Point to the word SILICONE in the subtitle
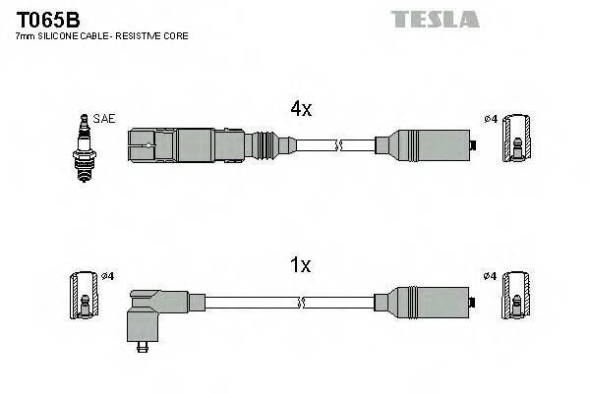[x=61, y=36]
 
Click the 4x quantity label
[x=300, y=110]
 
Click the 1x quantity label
[x=300, y=264]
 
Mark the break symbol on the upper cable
[x=337, y=147]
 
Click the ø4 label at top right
[x=491, y=120]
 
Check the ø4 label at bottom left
[x=108, y=276]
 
